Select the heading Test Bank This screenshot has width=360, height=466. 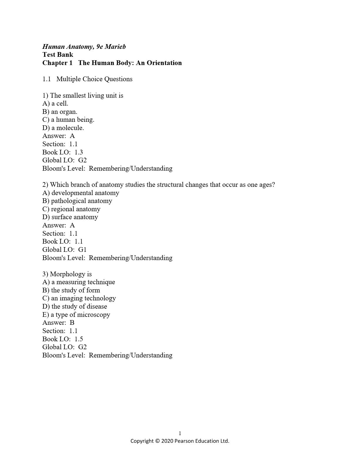point(58,54)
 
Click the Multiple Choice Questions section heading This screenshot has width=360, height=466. point(94,79)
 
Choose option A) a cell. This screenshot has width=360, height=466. point(55,104)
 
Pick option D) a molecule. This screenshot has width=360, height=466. point(63,128)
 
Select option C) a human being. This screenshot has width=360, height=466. point(68,120)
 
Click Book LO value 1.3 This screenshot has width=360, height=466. point(79,152)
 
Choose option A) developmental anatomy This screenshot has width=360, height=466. point(81,193)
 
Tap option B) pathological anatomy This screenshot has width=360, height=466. point(77,201)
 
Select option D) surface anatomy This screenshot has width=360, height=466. point(70,217)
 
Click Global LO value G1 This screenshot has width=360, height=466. point(82,249)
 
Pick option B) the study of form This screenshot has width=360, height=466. point(71,290)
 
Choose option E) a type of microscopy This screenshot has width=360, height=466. point(76,314)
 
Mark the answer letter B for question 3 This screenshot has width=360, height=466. point(72,323)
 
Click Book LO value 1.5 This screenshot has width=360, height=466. point(79,339)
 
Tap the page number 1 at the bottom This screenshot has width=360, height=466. point(180,433)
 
